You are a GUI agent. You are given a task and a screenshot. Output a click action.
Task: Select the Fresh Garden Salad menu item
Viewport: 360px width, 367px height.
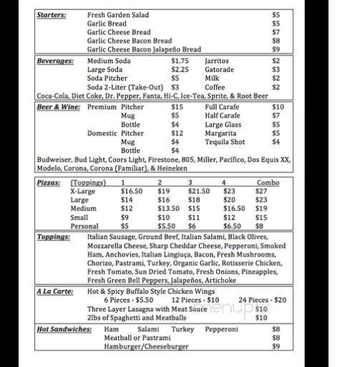tap(119, 14)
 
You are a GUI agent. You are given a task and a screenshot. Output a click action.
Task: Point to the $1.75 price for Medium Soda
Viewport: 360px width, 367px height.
tap(180, 62)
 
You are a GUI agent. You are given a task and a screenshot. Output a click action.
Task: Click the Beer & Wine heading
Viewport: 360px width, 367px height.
tap(59, 107)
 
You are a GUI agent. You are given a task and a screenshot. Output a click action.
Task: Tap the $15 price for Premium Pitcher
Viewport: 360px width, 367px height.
tap(177, 107)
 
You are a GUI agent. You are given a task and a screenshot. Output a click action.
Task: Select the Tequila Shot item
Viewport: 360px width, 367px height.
tap(225, 142)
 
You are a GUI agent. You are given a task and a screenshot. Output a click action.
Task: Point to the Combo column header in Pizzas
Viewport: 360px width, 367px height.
tap(268, 183)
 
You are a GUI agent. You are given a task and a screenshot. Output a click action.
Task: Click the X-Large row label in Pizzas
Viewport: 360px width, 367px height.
tap(83, 191)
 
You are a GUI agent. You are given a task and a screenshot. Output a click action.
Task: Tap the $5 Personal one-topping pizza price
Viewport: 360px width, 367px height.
tap(125, 225)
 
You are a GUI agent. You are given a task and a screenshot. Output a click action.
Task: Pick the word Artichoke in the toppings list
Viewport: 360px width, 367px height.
tap(225, 280)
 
